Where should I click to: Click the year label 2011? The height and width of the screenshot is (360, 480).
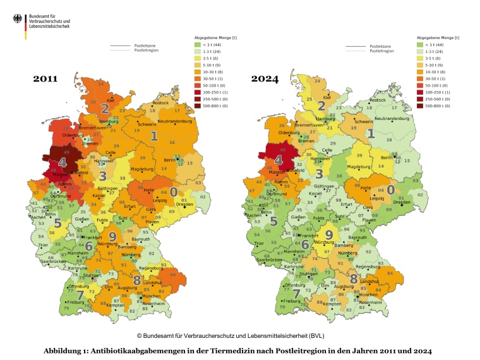click(45, 79)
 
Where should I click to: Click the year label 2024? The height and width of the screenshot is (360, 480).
click(265, 79)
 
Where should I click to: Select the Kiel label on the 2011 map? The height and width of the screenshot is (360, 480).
click(111, 100)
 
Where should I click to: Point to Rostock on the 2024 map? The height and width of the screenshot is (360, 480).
click(377, 100)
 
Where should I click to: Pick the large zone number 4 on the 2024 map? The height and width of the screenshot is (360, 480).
click(278, 160)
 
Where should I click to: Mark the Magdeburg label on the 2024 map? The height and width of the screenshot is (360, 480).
click(357, 167)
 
